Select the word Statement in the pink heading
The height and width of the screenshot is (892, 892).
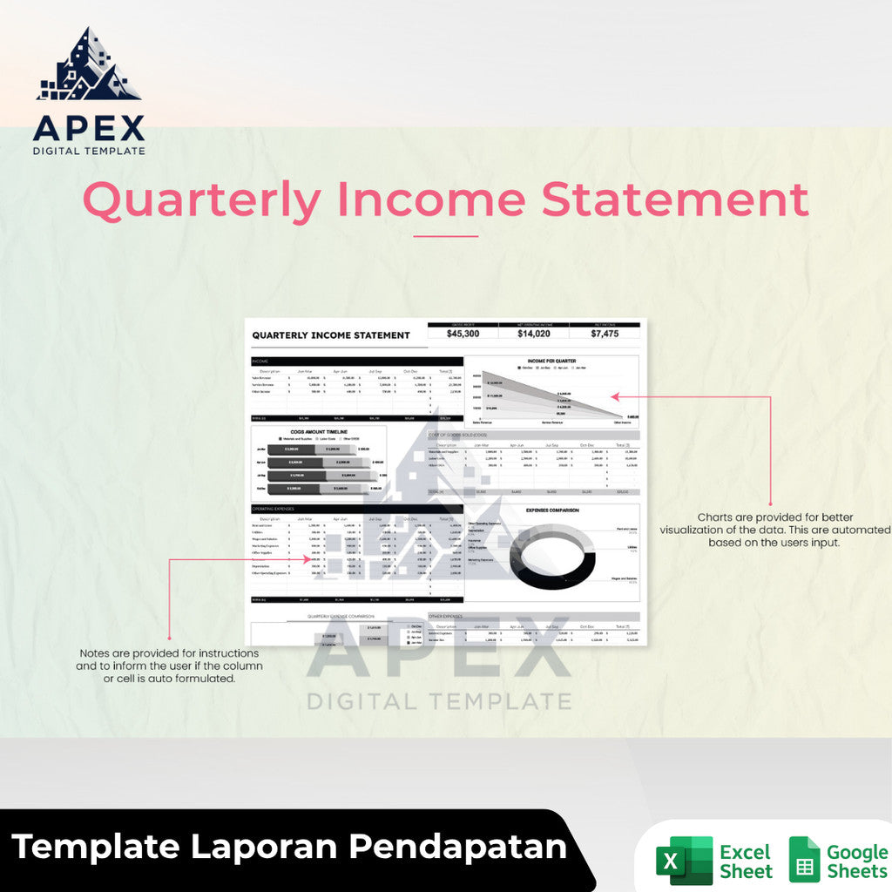(x=675, y=199)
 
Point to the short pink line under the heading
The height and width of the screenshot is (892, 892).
(x=445, y=236)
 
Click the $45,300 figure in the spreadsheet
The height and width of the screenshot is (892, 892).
(x=462, y=334)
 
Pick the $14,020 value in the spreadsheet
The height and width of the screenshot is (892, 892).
(x=533, y=334)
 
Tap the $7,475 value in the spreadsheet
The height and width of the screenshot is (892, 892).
(x=605, y=334)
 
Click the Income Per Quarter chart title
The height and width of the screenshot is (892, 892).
(x=551, y=361)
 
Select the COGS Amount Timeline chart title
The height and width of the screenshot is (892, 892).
(x=318, y=432)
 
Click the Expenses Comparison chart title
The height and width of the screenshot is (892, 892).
(x=551, y=510)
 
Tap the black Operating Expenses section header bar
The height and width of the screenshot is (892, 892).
(x=356, y=508)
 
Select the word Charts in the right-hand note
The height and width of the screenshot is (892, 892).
(x=715, y=517)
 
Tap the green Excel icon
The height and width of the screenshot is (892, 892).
(x=684, y=860)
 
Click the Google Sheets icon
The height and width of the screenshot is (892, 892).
(x=804, y=860)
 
